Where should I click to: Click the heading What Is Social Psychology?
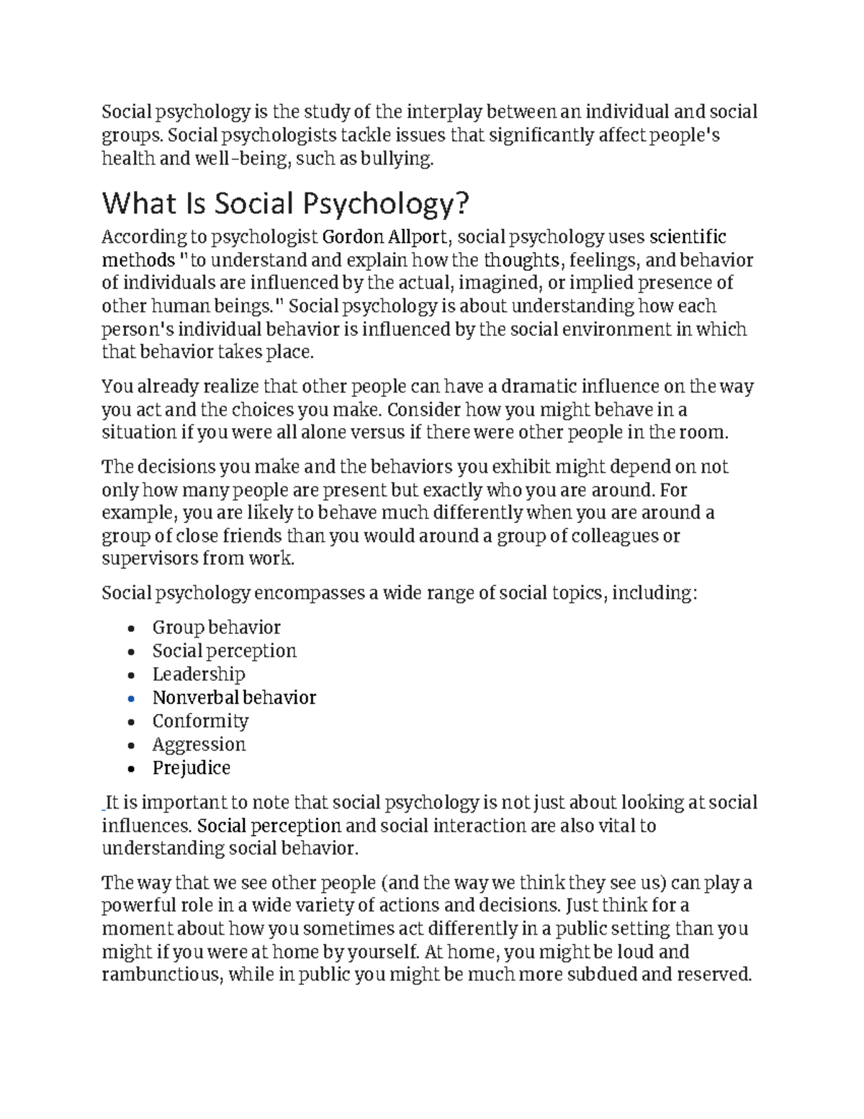pos(285,204)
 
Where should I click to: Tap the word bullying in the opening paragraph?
pos(400,159)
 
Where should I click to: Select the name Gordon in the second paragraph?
pos(353,237)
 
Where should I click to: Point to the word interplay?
pos(445,112)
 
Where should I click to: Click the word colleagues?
pos(610,536)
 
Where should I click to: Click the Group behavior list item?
pos(216,628)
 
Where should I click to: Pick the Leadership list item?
pos(199,674)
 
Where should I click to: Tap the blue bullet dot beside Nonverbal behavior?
pos(130,699)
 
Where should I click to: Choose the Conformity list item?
pos(200,721)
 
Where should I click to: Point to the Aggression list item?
pos(199,744)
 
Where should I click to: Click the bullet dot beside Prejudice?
pos(130,769)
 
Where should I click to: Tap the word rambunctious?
pos(159,975)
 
